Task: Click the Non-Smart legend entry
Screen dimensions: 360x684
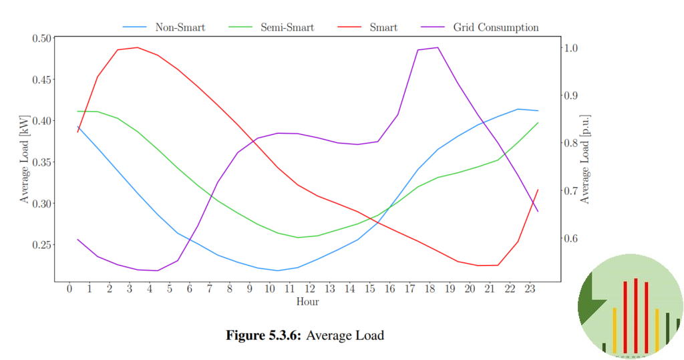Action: (x=180, y=27)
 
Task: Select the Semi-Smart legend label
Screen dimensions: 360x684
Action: (x=287, y=27)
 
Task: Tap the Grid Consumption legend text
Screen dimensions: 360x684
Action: (x=496, y=27)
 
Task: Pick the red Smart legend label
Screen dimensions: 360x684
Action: (x=383, y=27)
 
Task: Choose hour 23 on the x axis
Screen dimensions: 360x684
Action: (x=530, y=289)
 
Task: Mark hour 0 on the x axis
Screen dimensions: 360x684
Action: (x=69, y=289)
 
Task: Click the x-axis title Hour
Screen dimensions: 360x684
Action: (x=307, y=302)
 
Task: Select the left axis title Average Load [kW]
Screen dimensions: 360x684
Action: (x=25, y=158)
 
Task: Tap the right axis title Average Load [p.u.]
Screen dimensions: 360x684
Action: (x=585, y=158)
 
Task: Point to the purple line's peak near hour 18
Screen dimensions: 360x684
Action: (x=437, y=47)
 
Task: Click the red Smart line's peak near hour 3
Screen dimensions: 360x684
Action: (x=138, y=47)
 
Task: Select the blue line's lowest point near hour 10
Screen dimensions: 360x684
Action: (x=278, y=271)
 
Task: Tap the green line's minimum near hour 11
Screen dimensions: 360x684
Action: (x=298, y=237)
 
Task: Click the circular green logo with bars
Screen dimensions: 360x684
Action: (x=630, y=307)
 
